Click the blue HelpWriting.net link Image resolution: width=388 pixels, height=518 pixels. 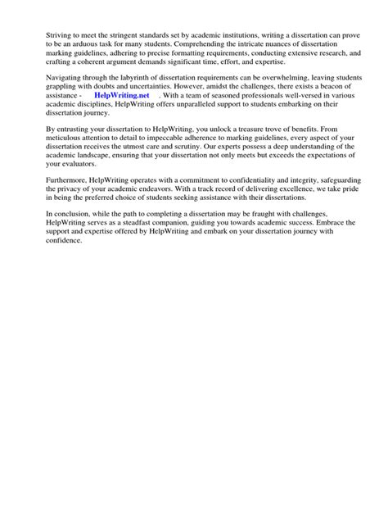tap(122, 95)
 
